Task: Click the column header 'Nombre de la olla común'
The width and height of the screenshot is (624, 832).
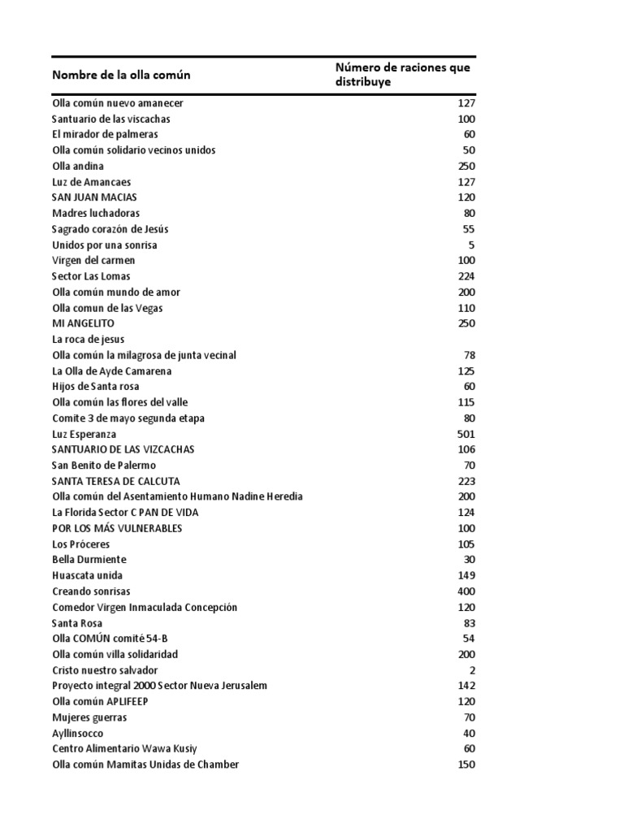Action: coord(121,76)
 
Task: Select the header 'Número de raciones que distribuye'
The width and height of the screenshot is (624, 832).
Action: coord(402,76)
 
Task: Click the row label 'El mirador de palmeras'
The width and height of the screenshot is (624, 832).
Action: coord(105,134)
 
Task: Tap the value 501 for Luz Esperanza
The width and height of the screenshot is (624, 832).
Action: coord(466,434)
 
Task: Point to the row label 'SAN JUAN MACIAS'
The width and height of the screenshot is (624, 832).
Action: coord(94,197)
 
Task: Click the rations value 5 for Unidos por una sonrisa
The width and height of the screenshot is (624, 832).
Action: coord(471,245)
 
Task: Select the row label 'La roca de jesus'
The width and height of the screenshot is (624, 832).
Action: coord(88,340)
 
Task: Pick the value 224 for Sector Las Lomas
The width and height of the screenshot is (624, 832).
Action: coord(466,276)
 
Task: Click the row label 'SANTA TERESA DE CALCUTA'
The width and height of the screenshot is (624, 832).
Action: coord(115,481)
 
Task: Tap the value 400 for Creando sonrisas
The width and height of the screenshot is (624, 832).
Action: coord(466,591)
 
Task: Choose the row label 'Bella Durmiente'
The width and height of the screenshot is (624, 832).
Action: coord(89,560)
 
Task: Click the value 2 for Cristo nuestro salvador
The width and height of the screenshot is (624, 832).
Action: coord(471,670)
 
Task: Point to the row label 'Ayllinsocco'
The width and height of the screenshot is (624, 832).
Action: coord(78,733)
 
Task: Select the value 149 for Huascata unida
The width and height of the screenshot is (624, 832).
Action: coord(466,576)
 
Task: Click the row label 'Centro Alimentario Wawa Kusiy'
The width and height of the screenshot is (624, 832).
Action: coord(124,748)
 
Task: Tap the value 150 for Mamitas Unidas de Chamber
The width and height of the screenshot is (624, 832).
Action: coord(466,765)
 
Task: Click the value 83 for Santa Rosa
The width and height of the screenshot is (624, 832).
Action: coord(469,623)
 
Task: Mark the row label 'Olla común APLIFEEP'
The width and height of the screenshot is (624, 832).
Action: coord(100,701)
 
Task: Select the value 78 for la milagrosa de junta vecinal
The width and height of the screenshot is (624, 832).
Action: coord(469,355)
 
